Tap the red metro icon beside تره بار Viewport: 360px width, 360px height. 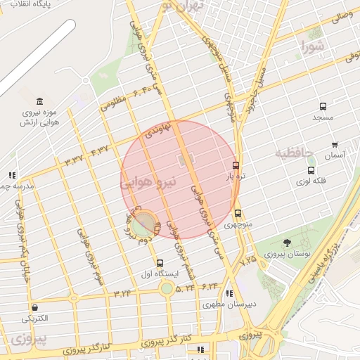click(236, 166)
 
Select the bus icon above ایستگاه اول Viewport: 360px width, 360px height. click(159, 263)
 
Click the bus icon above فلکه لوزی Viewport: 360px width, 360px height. click(311, 169)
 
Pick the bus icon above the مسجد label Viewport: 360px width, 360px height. click(323, 106)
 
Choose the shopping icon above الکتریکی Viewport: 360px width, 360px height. click(34, 307)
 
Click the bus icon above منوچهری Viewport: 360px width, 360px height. click(238, 213)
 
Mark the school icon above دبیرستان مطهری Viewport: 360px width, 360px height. click(228, 294)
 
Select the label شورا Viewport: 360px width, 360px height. click(314, 49)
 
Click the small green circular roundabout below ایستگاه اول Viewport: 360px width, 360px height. click(167, 288)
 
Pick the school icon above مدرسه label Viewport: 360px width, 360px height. click(12, 174)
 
